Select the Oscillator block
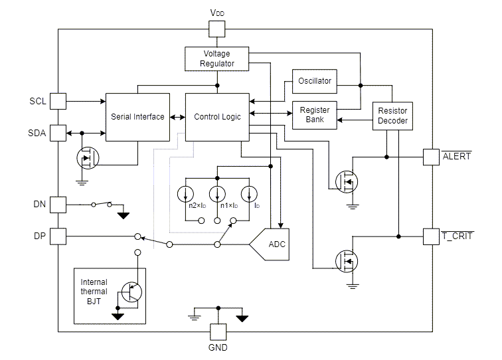click(314, 81)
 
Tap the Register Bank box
click(314, 114)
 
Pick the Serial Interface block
click(137, 117)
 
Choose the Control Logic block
click(217, 117)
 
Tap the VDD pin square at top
click(217, 29)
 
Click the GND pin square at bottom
click(217, 331)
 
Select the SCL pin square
click(58, 101)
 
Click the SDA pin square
click(58, 133)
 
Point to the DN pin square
click(58, 204)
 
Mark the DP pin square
click(58, 236)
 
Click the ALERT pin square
click(432, 157)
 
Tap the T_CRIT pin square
click(432, 236)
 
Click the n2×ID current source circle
click(185, 194)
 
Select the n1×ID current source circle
click(217, 194)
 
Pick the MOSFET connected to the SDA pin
click(87, 158)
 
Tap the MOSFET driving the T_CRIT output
click(346, 260)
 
